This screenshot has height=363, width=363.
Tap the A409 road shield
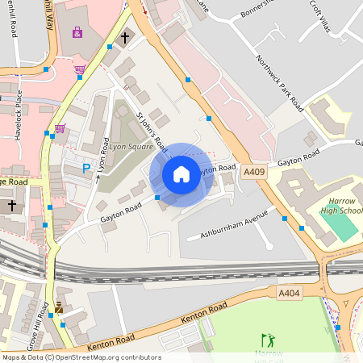[254, 171]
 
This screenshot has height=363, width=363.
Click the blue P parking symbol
[86, 169]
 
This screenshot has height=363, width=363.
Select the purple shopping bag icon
[77, 33]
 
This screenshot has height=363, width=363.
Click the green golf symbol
[268, 340]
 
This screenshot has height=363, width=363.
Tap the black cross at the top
[125, 37]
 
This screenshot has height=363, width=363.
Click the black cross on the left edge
[11, 206]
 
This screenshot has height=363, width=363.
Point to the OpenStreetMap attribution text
[81, 357]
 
